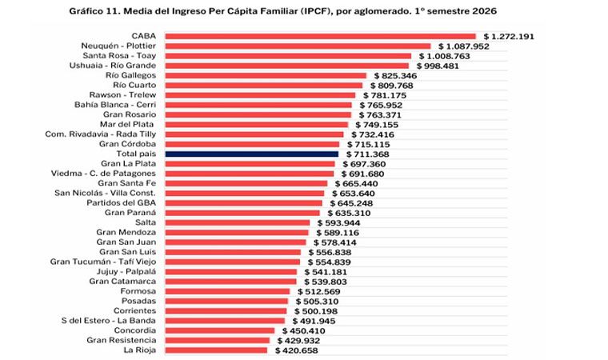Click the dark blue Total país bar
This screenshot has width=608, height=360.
(252, 154)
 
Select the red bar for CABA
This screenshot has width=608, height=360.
(320, 37)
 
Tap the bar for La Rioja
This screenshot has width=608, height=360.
(216, 350)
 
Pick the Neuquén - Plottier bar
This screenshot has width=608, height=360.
(298, 46)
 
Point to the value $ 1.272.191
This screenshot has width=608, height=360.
(509, 37)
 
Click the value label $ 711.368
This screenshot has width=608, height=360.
(367, 154)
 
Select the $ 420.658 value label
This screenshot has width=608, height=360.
(297, 350)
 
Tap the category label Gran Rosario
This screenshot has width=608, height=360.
(130, 114)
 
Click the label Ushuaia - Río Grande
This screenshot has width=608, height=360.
(113, 66)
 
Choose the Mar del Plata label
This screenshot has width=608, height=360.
(126, 125)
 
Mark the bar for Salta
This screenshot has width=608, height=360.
(238, 222)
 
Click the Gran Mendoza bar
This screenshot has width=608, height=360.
(237, 232)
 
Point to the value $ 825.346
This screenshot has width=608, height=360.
(395, 76)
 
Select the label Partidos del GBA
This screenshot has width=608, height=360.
(122, 203)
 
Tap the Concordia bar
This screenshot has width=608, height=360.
(220, 330)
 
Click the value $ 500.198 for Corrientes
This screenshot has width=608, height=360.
(316, 311)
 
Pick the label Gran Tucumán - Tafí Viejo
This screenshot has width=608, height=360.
(103, 262)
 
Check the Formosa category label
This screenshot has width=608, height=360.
(138, 291)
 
